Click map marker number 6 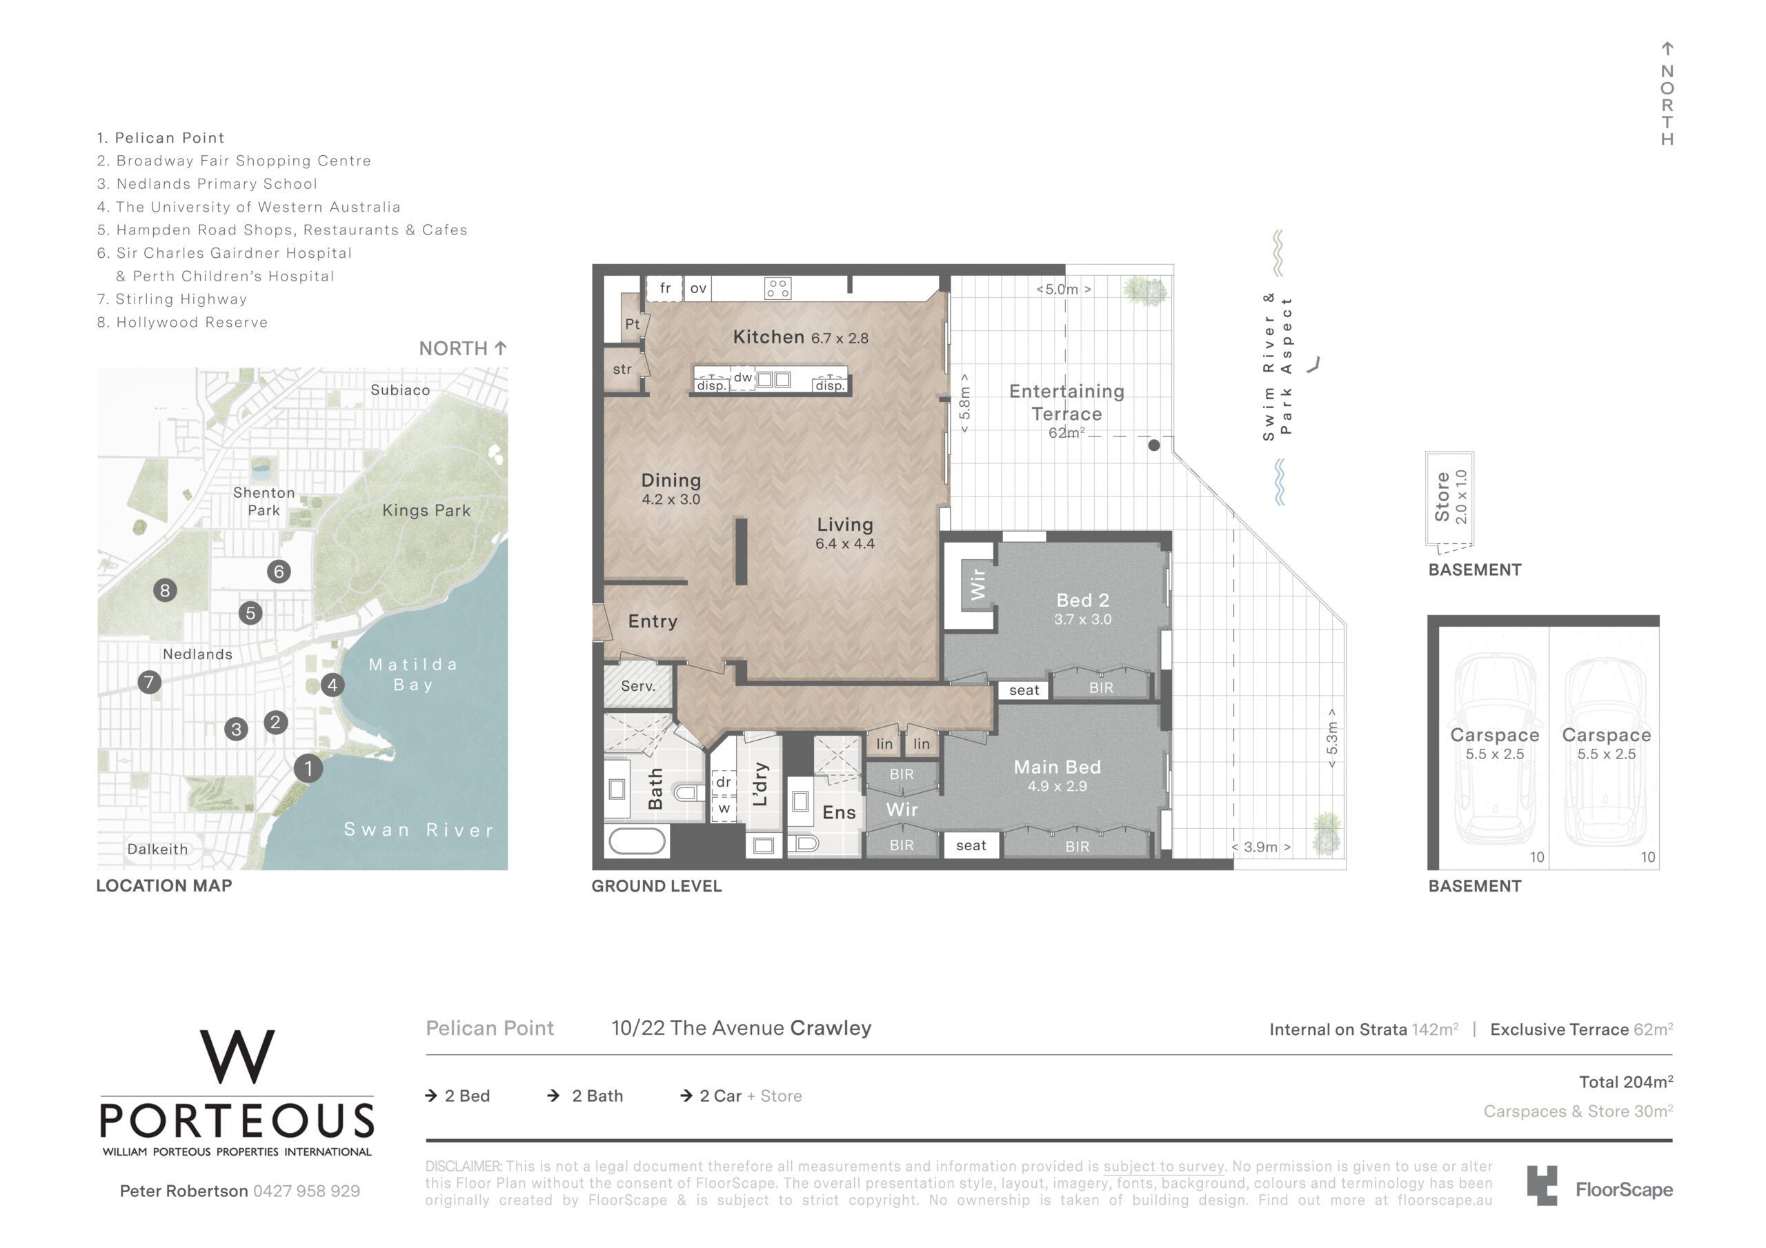pyautogui.click(x=279, y=572)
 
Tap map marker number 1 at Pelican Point pyautogui.click(x=308, y=767)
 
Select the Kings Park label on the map pyautogui.click(x=426, y=511)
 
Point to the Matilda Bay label pyautogui.click(x=414, y=674)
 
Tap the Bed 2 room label pyautogui.click(x=1082, y=600)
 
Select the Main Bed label pyautogui.click(x=1057, y=767)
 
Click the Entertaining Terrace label pyautogui.click(x=1066, y=402)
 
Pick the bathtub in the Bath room pyautogui.click(x=637, y=841)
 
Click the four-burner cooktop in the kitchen pyautogui.click(x=777, y=288)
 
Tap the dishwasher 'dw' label pyautogui.click(x=742, y=378)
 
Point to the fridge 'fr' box pyautogui.click(x=665, y=288)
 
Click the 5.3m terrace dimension pyautogui.click(x=1332, y=738)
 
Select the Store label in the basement pyautogui.click(x=1442, y=496)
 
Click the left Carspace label pyautogui.click(x=1494, y=735)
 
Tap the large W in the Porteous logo pyautogui.click(x=237, y=1056)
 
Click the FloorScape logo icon pyautogui.click(x=1542, y=1185)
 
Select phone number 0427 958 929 pyautogui.click(x=306, y=1191)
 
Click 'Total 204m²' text pyautogui.click(x=1626, y=1082)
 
